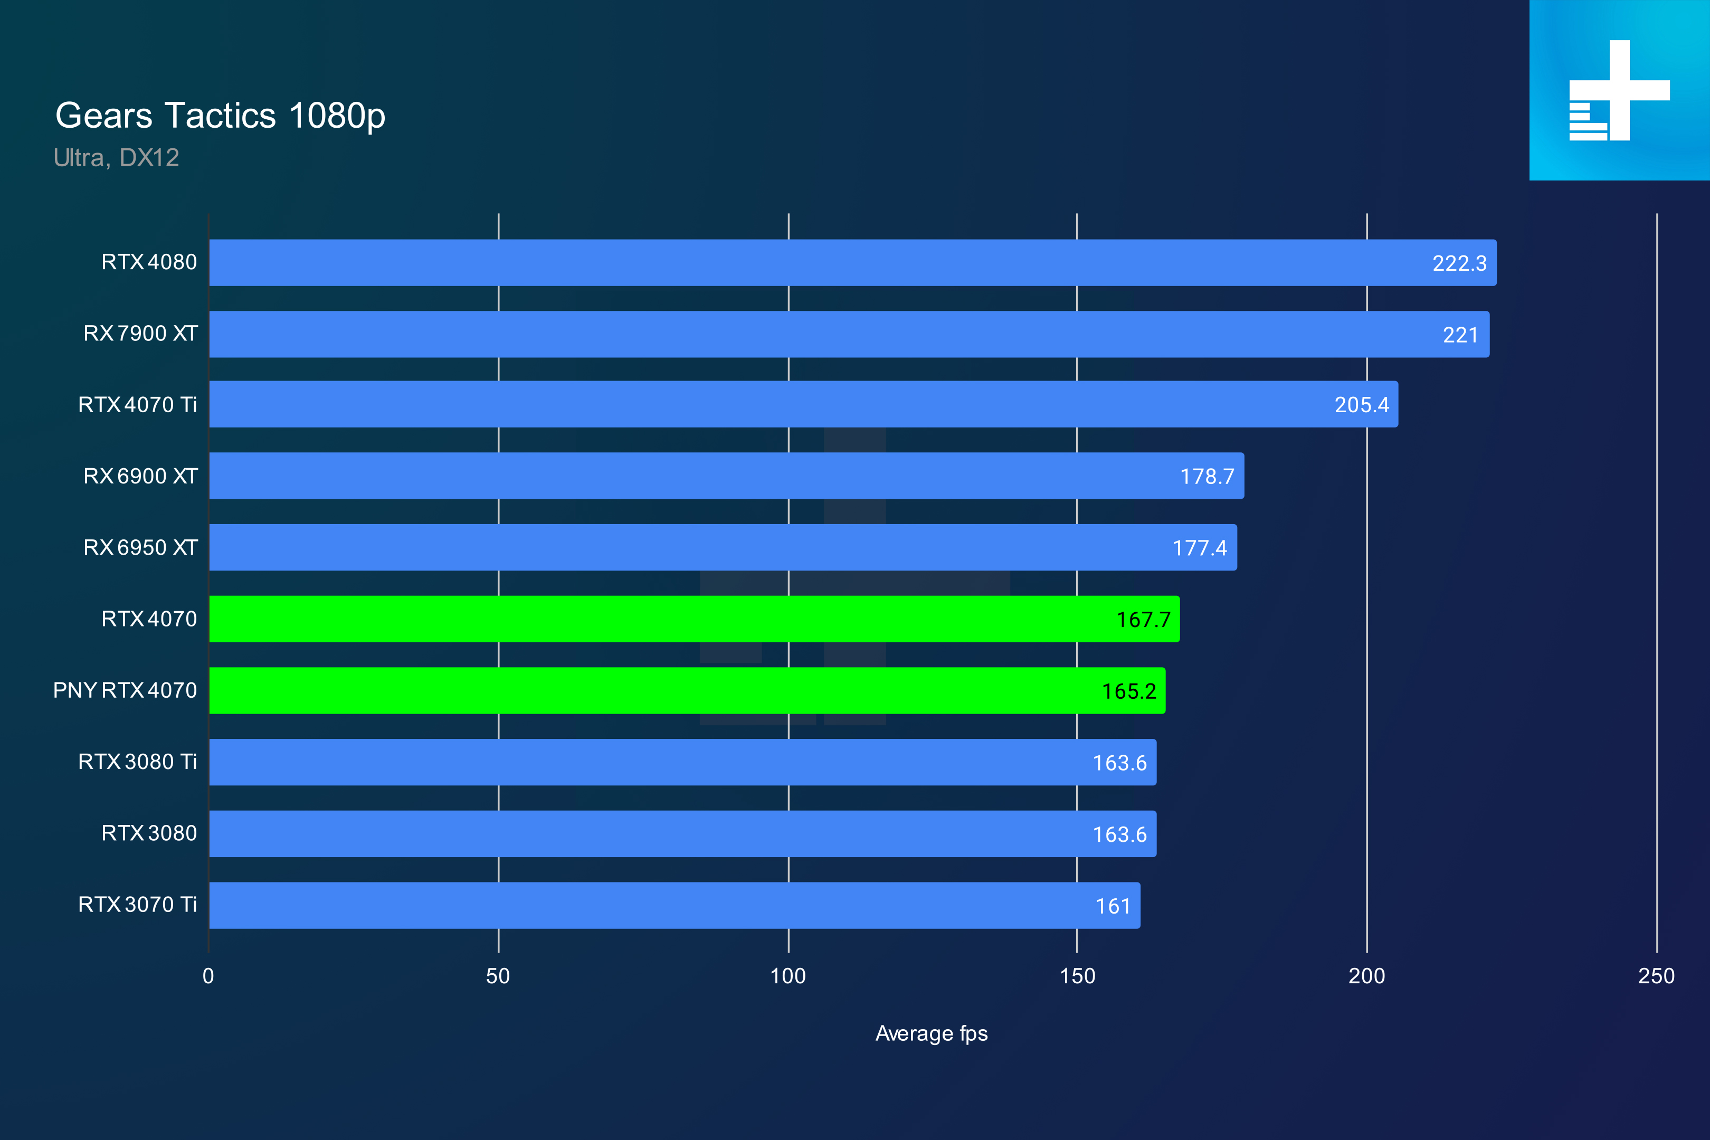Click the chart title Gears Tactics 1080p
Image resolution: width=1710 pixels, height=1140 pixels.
pyautogui.click(x=220, y=116)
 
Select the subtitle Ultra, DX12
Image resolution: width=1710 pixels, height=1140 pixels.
pyautogui.click(x=116, y=158)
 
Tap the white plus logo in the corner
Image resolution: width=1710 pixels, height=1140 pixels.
pyautogui.click(x=1619, y=90)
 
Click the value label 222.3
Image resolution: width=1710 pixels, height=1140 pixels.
pyautogui.click(x=1459, y=263)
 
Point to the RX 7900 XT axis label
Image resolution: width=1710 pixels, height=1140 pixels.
pyautogui.click(x=140, y=334)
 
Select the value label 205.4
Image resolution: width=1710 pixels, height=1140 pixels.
pyautogui.click(x=1361, y=405)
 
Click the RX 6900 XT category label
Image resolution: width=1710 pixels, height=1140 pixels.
pyautogui.click(x=140, y=476)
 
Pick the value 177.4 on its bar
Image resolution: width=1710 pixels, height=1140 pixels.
pyautogui.click(x=1200, y=548)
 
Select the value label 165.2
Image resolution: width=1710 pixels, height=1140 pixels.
pyautogui.click(x=1128, y=691)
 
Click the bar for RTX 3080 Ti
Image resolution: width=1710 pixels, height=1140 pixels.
pyautogui.click(x=654, y=762)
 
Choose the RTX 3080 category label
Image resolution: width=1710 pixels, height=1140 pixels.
pyautogui.click(x=149, y=833)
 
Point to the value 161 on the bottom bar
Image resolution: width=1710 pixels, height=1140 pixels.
pyautogui.click(x=1113, y=906)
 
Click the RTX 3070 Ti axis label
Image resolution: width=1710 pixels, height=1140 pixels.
pyautogui.click(x=137, y=905)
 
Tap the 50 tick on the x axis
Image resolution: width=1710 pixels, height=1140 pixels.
pyautogui.click(x=498, y=976)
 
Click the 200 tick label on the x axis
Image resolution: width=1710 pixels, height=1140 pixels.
pyautogui.click(x=1366, y=976)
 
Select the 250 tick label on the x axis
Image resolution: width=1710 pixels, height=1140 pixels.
pyautogui.click(x=1656, y=976)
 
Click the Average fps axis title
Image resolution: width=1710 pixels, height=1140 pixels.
pyautogui.click(x=932, y=1033)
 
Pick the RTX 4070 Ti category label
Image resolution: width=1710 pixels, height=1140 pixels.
pyautogui.click(x=137, y=405)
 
